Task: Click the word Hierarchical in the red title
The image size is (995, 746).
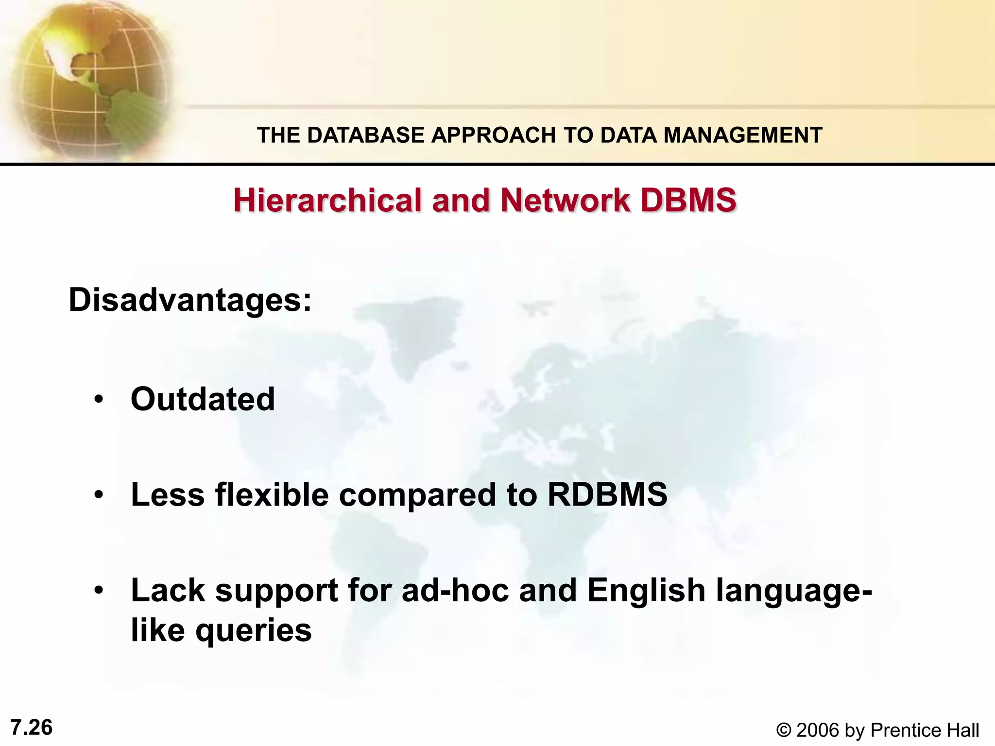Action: [x=327, y=200]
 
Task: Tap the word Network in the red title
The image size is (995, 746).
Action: [x=565, y=200]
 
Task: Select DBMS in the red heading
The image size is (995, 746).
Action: [x=688, y=200]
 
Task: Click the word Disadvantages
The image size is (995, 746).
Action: [x=189, y=300]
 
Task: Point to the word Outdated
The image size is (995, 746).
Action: [x=203, y=399]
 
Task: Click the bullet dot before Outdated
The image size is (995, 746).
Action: [x=99, y=400]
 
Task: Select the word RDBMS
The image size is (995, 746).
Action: [x=607, y=495]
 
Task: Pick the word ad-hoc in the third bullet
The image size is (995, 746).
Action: [x=455, y=591]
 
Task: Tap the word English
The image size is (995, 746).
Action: [x=646, y=591]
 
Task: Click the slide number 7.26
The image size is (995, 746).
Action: [x=32, y=728]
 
